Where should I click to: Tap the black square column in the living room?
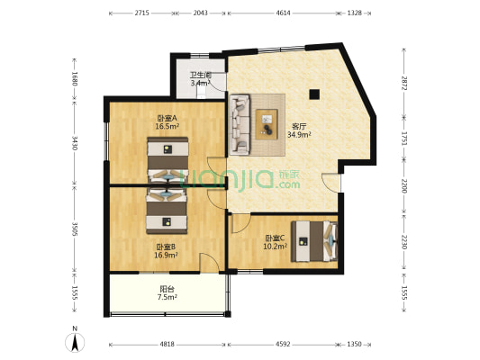[x=314, y=94]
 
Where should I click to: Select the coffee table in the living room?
[x=267, y=124]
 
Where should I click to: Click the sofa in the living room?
[x=240, y=124]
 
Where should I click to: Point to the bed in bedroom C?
[x=314, y=241]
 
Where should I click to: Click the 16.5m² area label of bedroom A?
[x=168, y=126]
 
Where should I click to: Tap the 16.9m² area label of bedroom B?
[x=166, y=255]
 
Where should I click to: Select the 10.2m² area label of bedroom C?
[x=276, y=246]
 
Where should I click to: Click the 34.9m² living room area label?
[x=299, y=134]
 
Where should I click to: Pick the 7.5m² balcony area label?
[x=168, y=297]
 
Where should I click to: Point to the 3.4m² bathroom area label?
[x=201, y=83]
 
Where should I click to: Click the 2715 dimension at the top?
[x=141, y=13]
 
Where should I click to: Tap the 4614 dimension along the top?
[x=284, y=13]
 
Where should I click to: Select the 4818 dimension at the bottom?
[x=168, y=344]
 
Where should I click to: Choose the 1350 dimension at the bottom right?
[x=354, y=344]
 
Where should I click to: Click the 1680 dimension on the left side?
[x=75, y=78]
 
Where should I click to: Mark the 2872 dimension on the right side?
[x=404, y=83]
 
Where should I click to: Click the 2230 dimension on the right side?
[x=404, y=242]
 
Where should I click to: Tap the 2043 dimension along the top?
[x=201, y=13]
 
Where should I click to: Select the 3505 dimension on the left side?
[x=75, y=229]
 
